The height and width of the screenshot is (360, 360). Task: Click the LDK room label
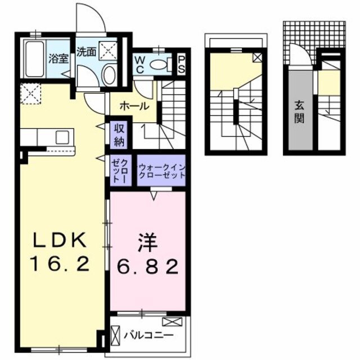[x=59, y=241]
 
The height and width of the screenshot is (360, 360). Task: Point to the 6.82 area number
[x=147, y=265]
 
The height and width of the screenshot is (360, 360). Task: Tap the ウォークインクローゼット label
[x=161, y=169]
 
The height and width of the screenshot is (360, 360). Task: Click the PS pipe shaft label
[x=182, y=62]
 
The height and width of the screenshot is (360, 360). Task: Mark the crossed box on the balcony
[x=172, y=322]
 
